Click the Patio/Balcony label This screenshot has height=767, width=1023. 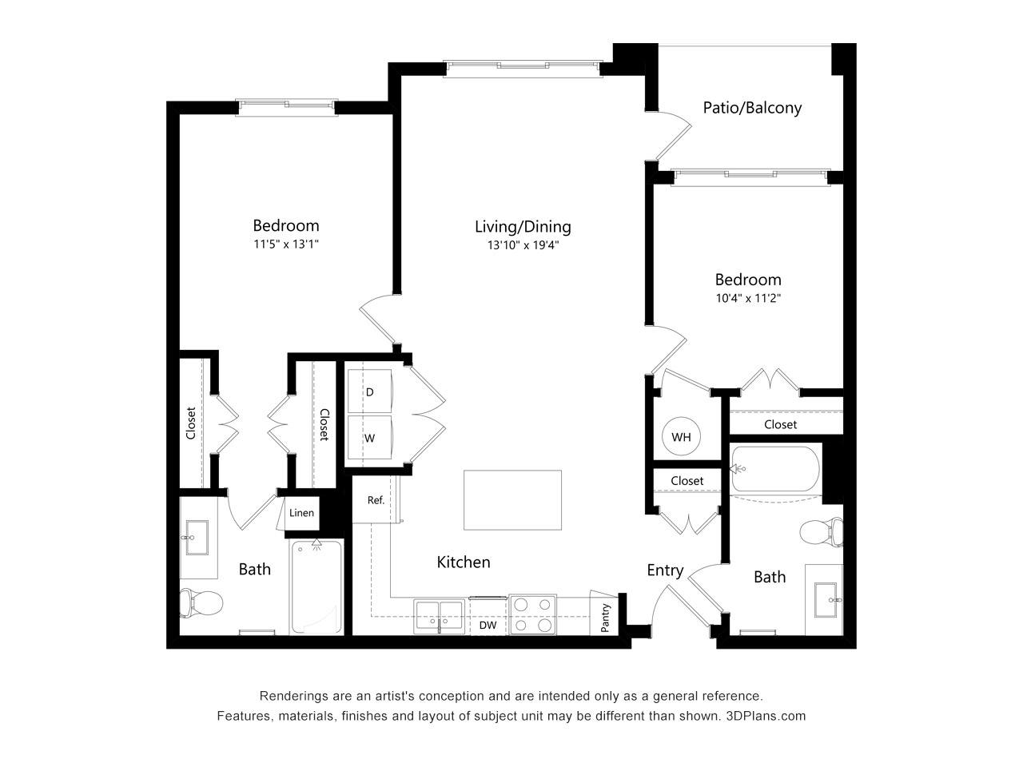point(752,108)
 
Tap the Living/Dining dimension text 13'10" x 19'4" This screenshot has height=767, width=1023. point(523,245)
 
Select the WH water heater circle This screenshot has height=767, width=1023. point(681,436)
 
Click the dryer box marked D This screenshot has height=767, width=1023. point(370,391)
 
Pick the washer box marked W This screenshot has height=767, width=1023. point(370,437)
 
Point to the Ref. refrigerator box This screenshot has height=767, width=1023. point(375,499)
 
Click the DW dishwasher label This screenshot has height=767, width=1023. point(488,625)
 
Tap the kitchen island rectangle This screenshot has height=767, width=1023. point(512,499)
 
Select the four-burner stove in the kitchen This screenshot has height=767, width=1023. point(532,614)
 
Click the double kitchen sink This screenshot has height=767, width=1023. point(439,616)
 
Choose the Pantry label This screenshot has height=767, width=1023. point(605,618)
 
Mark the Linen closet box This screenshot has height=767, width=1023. point(302,513)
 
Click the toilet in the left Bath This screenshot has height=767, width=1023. point(201,602)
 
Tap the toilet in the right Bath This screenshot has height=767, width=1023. point(821,531)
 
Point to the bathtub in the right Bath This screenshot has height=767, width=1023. point(775,469)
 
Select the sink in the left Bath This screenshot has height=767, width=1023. point(197,538)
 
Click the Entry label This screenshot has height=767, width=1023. point(665,570)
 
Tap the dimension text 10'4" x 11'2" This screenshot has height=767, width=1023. point(748,298)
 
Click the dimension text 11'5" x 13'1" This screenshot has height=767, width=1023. point(286,244)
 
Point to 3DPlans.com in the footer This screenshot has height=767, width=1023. point(766,716)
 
